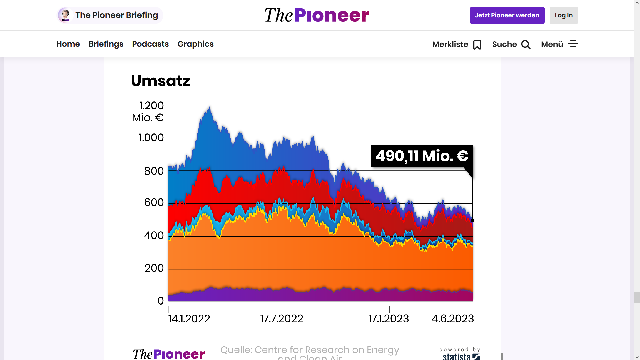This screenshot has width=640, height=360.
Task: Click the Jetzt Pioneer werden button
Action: click(507, 15)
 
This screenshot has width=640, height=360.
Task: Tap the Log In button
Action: click(563, 15)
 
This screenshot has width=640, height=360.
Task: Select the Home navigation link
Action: click(68, 44)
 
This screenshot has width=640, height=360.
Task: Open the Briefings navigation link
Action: click(106, 44)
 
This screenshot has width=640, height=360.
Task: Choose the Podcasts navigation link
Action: click(150, 44)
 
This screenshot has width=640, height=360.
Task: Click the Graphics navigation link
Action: click(195, 44)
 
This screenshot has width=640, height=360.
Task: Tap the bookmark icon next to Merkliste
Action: click(477, 45)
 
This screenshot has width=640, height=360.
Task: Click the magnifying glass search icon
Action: click(526, 45)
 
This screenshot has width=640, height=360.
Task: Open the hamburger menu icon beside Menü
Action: click(573, 44)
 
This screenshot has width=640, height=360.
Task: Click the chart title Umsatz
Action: click(160, 81)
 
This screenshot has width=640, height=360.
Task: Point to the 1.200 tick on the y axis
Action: click(152, 106)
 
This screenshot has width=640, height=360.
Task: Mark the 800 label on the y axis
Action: click(154, 171)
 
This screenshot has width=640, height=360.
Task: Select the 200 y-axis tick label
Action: click(154, 268)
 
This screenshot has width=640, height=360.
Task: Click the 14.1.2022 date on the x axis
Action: click(189, 319)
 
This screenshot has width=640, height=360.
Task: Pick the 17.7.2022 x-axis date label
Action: click(282, 319)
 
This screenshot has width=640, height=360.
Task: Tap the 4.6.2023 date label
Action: click(453, 319)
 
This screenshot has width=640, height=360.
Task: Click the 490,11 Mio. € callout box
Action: click(422, 156)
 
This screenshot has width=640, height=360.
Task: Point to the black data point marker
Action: click(472, 220)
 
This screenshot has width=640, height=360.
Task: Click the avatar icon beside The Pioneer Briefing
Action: click(65, 15)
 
